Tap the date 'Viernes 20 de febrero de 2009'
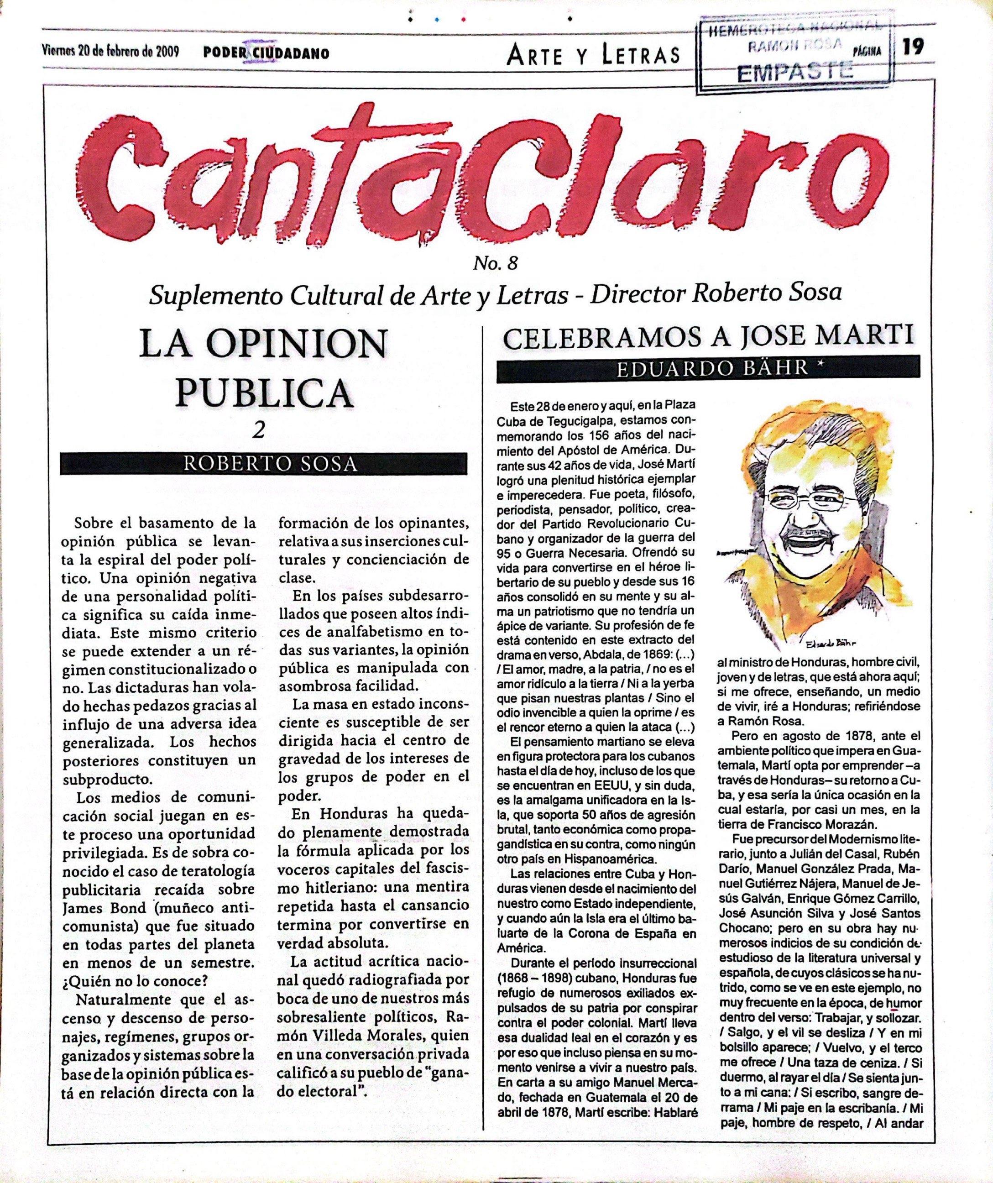click(x=110, y=52)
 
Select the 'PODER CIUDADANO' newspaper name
click(x=267, y=53)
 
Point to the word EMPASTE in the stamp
click(x=795, y=72)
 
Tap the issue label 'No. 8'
click(x=496, y=263)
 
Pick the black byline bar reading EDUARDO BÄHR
click(x=707, y=368)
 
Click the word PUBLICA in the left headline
click(x=264, y=393)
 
